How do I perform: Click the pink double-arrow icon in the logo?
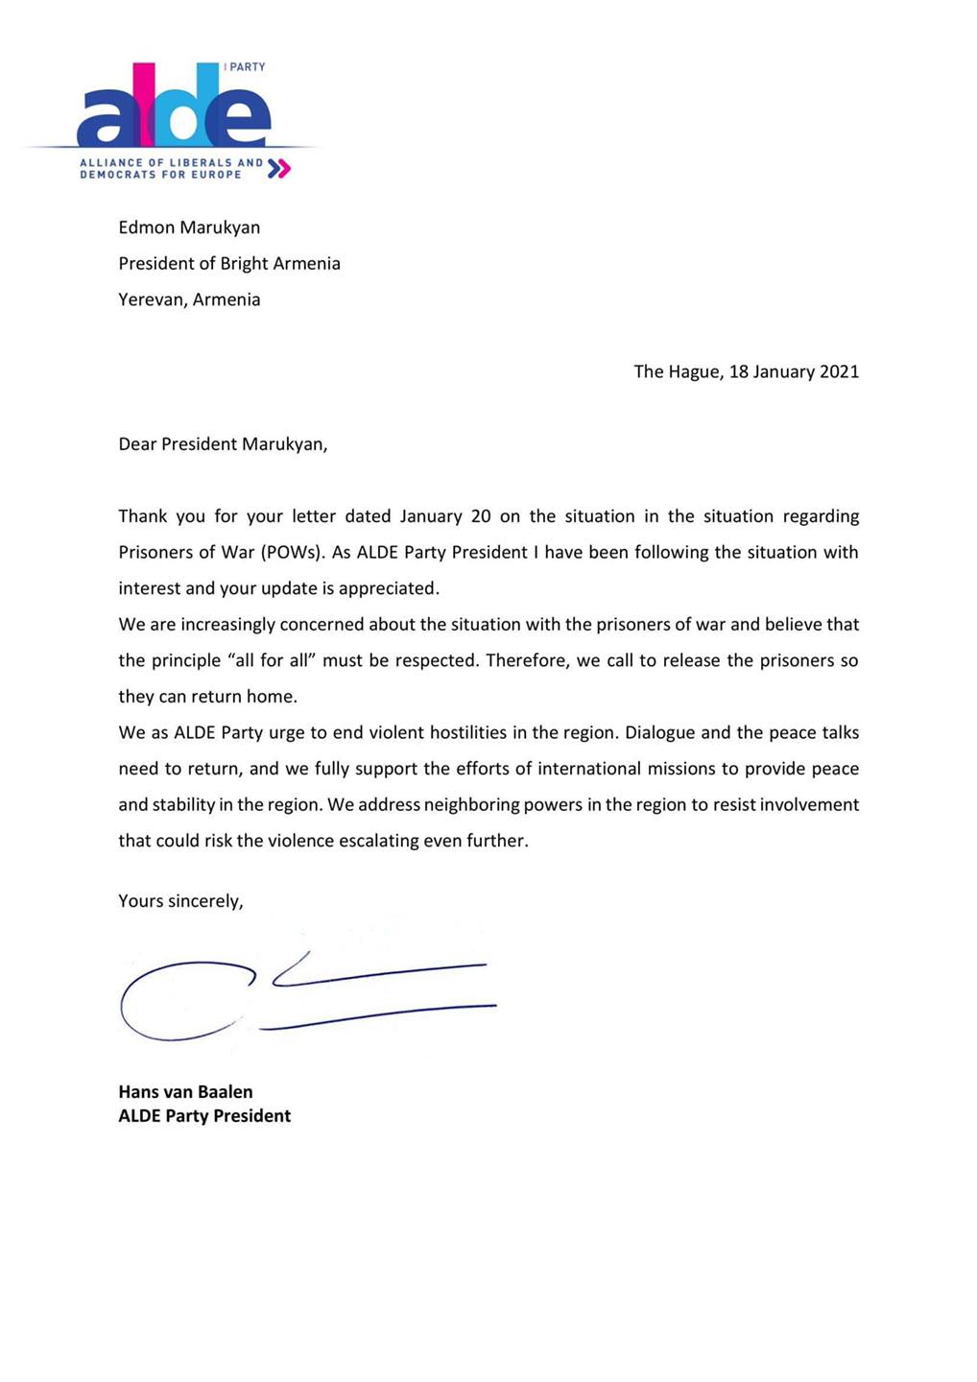pos(278,169)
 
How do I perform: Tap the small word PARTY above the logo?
pos(247,67)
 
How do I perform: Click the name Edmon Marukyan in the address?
pos(189,227)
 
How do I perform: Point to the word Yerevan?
pos(151,299)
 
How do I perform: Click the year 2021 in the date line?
pos(839,371)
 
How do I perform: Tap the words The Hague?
pos(676,371)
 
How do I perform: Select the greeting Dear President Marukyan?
pos(223,444)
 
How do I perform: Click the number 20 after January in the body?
pos(481,516)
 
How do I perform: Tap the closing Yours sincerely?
pos(180,901)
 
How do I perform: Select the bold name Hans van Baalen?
pos(185,1091)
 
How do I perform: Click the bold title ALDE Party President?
pos(204,1115)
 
